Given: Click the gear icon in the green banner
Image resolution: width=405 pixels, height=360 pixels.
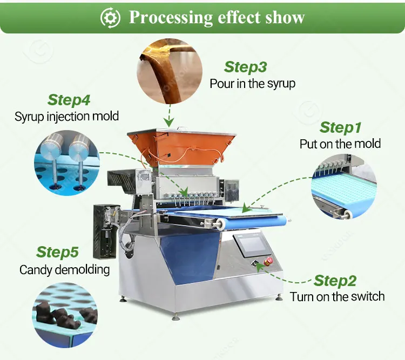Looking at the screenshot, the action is click(x=110, y=18).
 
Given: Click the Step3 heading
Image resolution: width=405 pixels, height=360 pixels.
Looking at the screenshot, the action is click(x=245, y=67).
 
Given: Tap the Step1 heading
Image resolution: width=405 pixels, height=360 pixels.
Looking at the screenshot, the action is click(x=340, y=127).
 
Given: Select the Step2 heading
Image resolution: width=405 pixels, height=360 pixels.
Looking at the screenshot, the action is click(x=335, y=281).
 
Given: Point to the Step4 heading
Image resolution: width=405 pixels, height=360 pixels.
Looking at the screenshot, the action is click(x=69, y=100).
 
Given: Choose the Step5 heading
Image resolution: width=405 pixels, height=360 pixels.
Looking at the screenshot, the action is click(x=57, y=252).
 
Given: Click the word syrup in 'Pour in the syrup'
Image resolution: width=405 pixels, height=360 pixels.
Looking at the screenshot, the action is click(x=281, y=84).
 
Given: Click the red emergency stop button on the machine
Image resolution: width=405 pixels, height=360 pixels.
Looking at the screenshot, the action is click(x=268, y=261).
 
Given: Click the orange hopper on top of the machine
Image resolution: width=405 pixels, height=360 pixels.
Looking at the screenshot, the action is click(x=181, y=147).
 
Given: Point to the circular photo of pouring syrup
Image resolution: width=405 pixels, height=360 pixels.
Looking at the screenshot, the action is click(x=170, y=71).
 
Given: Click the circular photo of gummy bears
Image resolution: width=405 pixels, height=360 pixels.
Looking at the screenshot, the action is click(x=65, y=315).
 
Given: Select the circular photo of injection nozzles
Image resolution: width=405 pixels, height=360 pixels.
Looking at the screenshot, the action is click(x=67, y=162).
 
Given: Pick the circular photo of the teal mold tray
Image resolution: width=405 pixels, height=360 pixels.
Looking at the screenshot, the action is click(x=344, y=187).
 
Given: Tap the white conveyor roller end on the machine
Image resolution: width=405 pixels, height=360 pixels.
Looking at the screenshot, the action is click(x=221, y=223).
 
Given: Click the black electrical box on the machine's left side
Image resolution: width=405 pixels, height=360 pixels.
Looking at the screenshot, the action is click(x=106, y=232).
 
